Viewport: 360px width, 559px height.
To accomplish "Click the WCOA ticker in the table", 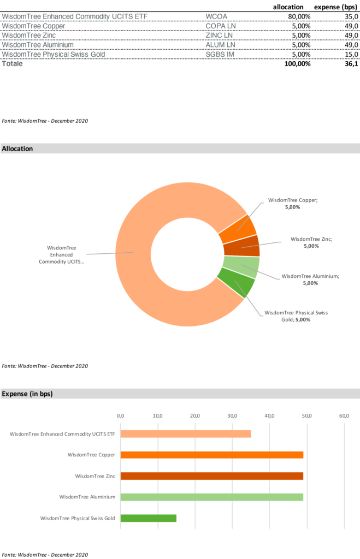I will click(216, 16).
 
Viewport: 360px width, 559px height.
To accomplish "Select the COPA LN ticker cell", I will click(221, 26).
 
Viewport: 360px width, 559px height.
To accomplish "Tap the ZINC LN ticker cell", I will click(219, 35).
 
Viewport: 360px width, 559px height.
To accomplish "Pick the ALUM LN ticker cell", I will click(220, 45).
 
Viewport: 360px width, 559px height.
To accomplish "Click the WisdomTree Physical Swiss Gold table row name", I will click(54, 55).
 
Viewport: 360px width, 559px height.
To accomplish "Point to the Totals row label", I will click(13, 64).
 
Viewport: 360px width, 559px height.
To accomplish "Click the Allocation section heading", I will click(17, 148).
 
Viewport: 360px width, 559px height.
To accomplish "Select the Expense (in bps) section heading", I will click(27, 394).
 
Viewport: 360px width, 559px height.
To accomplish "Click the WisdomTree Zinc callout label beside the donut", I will click(311, 242).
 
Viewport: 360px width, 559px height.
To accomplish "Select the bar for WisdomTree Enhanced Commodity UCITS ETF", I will click(186, 434).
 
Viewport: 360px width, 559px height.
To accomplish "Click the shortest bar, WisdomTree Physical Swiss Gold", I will click(149, 518).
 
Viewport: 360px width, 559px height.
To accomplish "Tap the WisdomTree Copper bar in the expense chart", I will click(212, 455).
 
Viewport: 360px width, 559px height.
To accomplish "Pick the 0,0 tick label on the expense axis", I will click(121, 416).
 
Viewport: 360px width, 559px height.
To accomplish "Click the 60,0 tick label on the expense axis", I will click(344, 416).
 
